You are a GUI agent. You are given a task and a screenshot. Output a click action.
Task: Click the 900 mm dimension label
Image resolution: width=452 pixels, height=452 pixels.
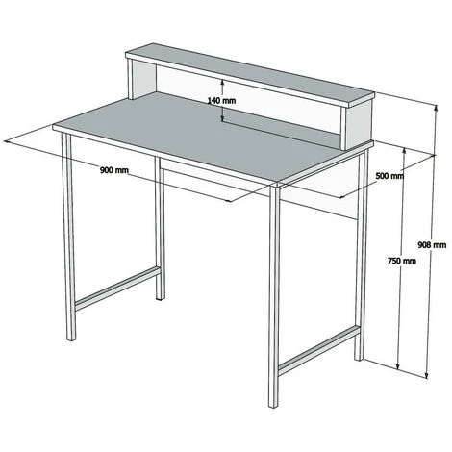(x=114, y=170)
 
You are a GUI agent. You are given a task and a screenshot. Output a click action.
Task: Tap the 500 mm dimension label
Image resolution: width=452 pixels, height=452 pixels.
(x=389, y=176)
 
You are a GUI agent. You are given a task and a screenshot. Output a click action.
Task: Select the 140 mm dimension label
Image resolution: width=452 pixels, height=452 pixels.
(x=221, y=101)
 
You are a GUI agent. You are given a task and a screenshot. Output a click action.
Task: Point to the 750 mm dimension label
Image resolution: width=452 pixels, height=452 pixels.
(x=402, y=261)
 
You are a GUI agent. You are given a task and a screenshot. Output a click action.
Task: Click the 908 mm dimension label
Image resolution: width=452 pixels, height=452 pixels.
(x=432, y=245)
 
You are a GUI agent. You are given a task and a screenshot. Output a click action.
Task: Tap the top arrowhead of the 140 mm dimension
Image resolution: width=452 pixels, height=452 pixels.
(x=222, y=82)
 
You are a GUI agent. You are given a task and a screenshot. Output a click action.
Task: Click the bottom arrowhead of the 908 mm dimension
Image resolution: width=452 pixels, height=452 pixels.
(x=427, y=375)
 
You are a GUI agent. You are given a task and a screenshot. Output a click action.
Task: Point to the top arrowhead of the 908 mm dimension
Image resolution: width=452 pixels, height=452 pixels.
(x=436, y=108)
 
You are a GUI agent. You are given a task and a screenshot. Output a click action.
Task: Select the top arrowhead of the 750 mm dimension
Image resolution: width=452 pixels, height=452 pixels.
(x=405, y=151)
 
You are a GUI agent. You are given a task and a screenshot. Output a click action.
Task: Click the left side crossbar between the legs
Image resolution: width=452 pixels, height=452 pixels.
(x=117, y=289)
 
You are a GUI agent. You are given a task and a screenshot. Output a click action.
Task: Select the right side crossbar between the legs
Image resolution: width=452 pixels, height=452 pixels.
(x=319, y=350)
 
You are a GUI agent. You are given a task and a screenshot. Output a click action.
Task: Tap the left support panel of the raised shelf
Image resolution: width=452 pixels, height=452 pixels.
(x=142, y=80)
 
